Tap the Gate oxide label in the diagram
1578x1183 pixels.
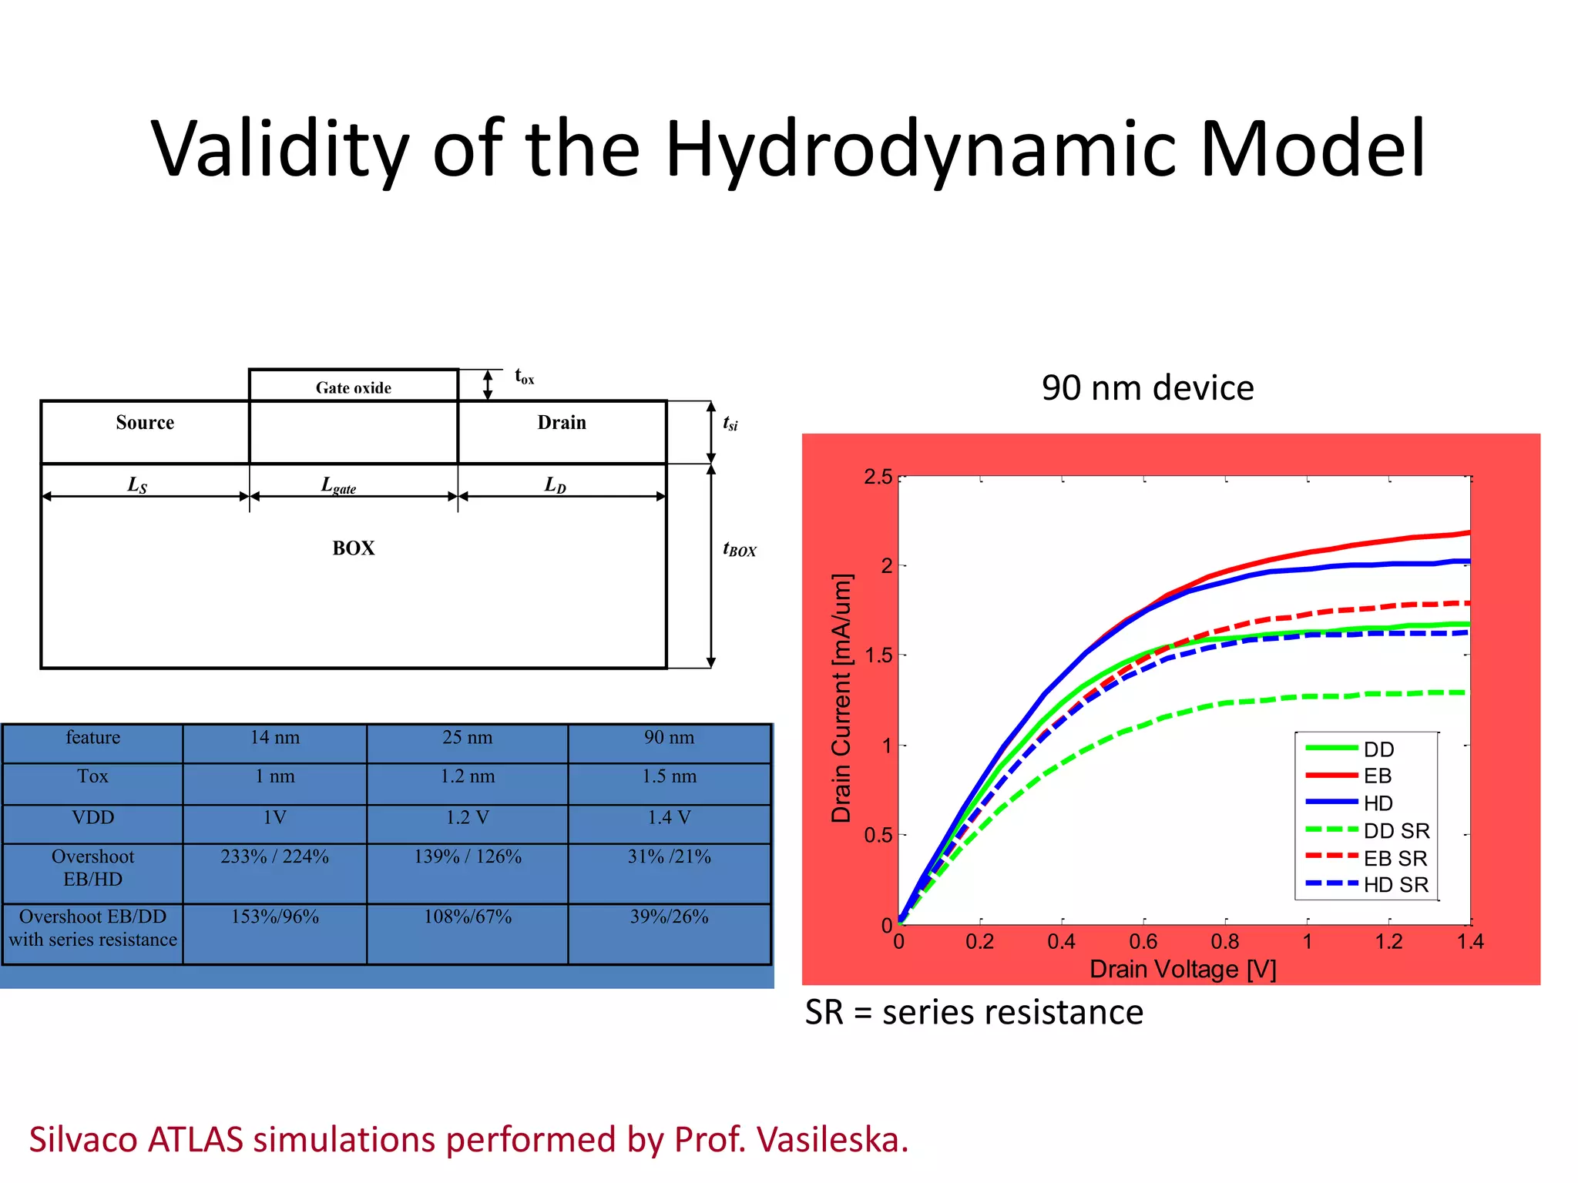coord(353,387)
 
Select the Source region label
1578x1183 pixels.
coord(145,423)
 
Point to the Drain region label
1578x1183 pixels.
coord(562,423)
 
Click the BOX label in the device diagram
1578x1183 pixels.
coord(354,548)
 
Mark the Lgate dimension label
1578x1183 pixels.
coord(338,485)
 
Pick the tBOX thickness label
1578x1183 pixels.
coord(739,549)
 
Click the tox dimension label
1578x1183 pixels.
coord(524,377)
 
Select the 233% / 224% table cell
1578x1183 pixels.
coord(274,856)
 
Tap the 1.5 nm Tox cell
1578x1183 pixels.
coord(669,776)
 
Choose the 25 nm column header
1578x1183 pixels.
coord(467,737)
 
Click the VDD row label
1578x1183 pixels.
coord(92,817)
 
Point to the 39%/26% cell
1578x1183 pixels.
coord(669,917)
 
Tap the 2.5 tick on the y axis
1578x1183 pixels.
coord(878,477)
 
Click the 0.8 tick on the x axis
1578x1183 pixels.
coord(1225,942)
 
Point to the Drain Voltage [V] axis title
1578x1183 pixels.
coord(1183,969)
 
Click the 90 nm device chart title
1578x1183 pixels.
coord(1147,387)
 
